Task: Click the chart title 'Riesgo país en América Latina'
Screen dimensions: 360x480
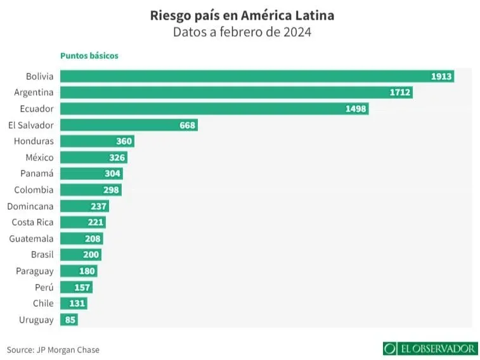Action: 242,15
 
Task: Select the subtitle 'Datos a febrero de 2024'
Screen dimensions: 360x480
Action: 242,32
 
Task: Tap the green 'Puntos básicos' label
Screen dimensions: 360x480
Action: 89,56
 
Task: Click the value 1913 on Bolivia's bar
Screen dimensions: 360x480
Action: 441,76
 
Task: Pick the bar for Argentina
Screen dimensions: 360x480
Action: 235,93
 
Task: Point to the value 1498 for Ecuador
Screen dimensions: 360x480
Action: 356,109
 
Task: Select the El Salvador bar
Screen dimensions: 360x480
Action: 127,125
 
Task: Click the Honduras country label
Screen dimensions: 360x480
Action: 34,141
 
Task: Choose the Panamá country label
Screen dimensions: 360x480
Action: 37,174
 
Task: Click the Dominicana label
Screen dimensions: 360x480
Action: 30,206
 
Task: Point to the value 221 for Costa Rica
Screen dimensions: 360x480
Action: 95,222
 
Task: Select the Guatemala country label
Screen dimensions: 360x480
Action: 32,239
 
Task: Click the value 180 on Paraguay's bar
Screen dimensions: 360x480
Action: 87,271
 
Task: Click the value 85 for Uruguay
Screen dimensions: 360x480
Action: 70,320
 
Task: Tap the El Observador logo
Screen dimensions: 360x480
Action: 430,349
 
